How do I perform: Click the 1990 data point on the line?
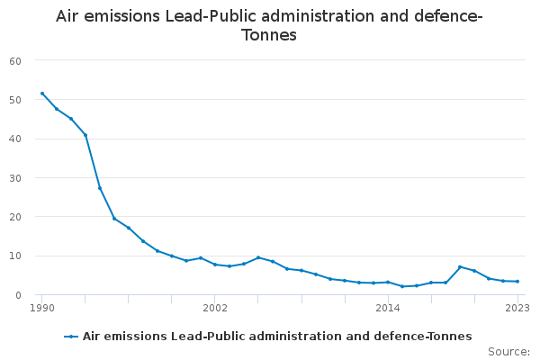pyautogui.click(x=42, y=94)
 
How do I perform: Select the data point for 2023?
pyautogui.click(x=517, y=282)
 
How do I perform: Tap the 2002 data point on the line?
pyautogui.click(x=215, y=265)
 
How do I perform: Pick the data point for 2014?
pyautogui.click(x=388, y=283)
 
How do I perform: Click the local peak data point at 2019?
pyautogui.click(x=460, y=267)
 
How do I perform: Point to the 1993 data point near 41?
pyautogui.click(x=85, y=135)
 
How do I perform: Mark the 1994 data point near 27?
pyautogui.click(x=100, y=188)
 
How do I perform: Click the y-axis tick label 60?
pyautogui.click(x=15, y=61)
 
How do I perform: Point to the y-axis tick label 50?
pyautogui.click(x=15, y=100)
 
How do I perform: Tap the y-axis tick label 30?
pyautogui.click(x=15, y=178)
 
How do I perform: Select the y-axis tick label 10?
pyautogui.click(x=15, y=256)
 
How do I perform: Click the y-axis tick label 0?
pyautogui.click(x=18, y=295)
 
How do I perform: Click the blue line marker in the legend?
pyautogui.click(x=71, y=337)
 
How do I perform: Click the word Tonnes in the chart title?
pyautogui.click(x=269, y=36)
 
